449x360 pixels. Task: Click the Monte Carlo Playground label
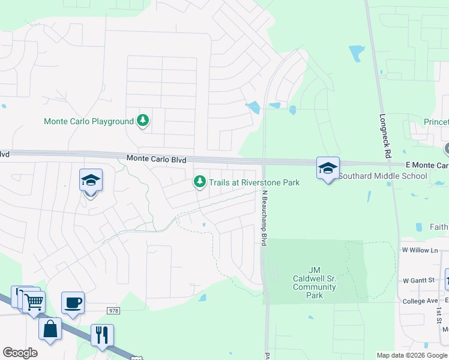(89, 121)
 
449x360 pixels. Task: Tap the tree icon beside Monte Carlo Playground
(143, 121)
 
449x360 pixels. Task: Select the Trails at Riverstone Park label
(254, 182)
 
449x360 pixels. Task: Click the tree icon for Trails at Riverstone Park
(199, 181)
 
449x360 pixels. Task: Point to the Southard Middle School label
(383, 176)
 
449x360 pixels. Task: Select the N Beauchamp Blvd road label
(262, 218)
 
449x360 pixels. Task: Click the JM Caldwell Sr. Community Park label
(315, 283)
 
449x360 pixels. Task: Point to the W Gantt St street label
(418, 280)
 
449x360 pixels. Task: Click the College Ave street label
(421, 301)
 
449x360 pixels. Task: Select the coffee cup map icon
(73, 303)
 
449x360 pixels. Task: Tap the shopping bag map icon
(50, 329)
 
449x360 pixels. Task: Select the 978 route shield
(113, 310)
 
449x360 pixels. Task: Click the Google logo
(20, 353)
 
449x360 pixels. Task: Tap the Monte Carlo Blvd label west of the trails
(156, 159)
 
